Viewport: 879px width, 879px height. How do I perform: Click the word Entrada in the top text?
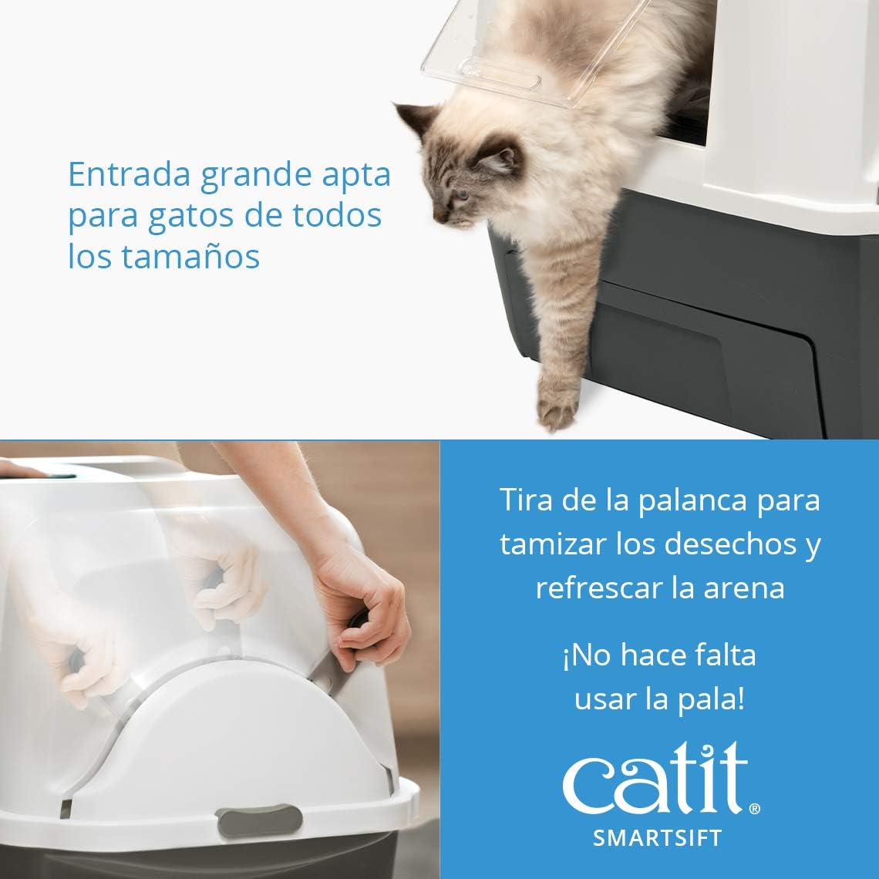click(x=128, y=174)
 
